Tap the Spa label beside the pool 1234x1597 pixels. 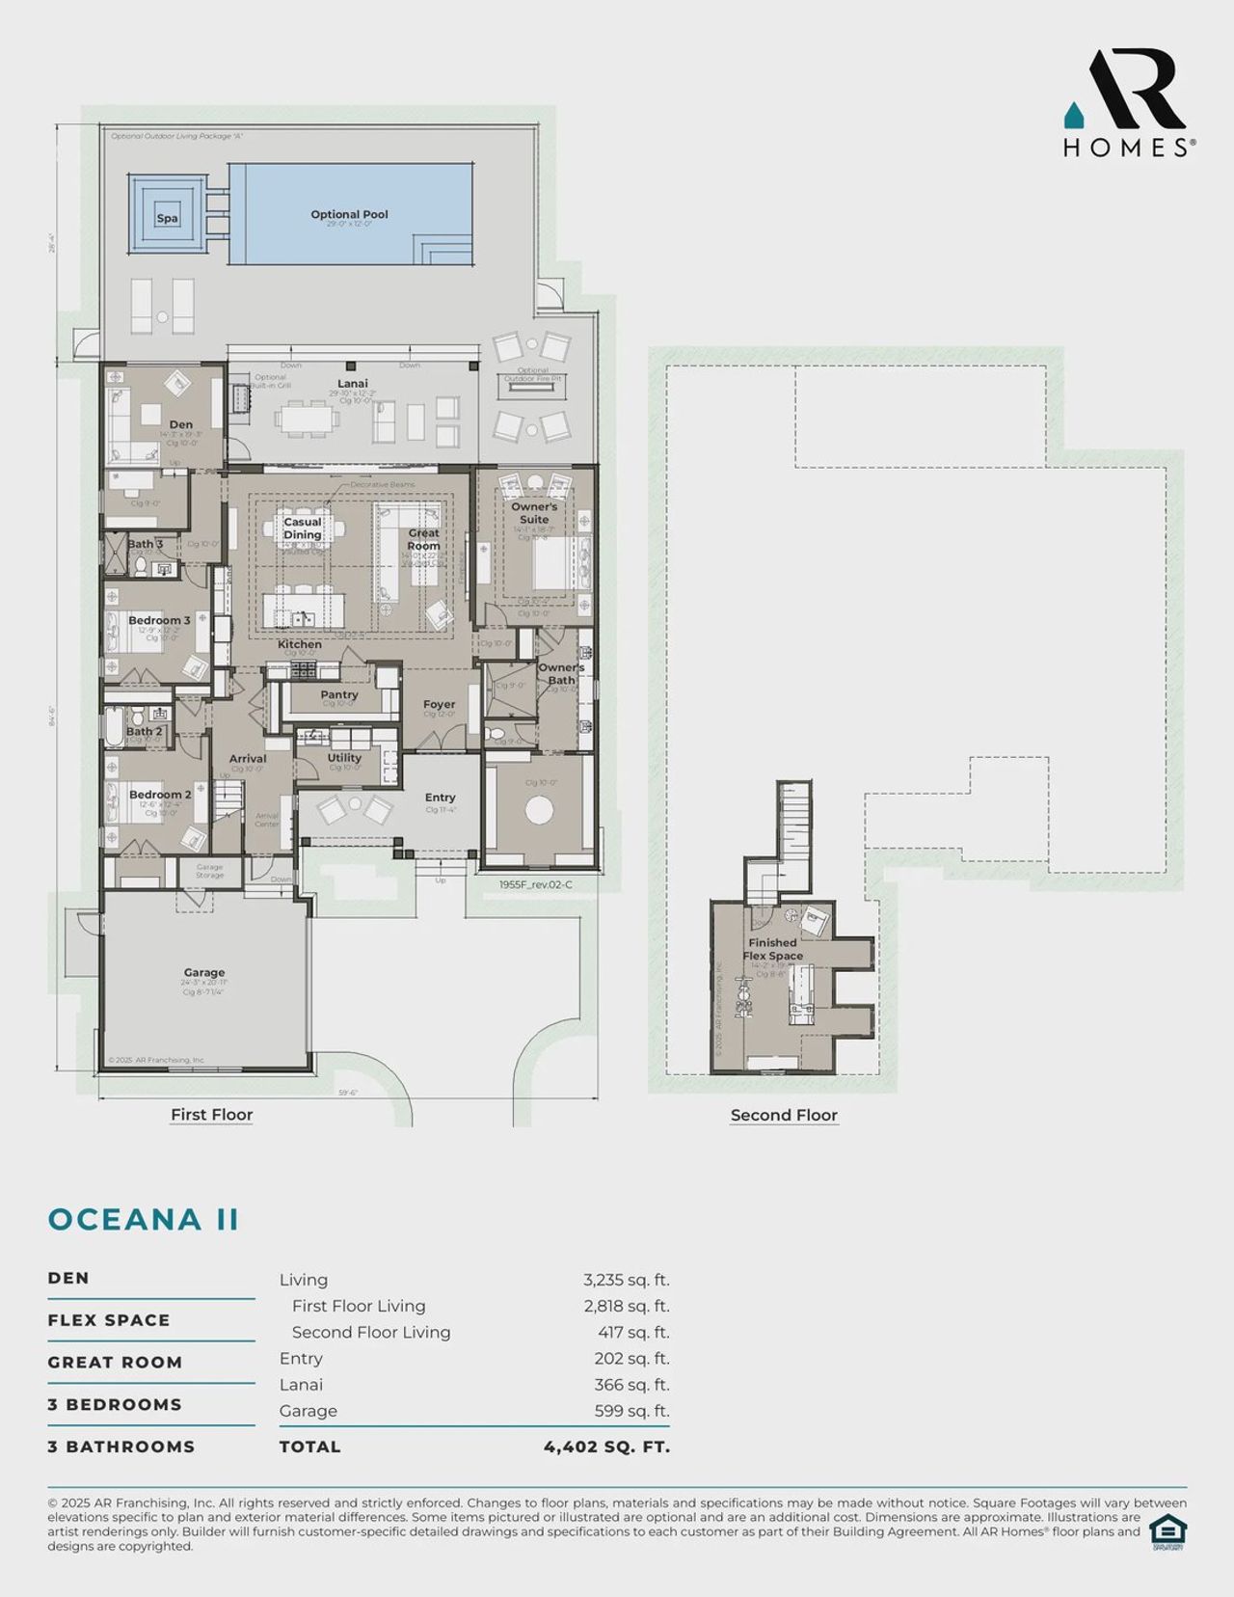tap(167, 219)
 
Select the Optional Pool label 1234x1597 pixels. tap(349, 215)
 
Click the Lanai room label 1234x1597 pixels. tap(352, 384)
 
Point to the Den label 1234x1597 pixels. tap(180, 424)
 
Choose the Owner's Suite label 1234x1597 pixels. tap(534, 513)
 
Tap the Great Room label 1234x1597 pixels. tap(423, 539)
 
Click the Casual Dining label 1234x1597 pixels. tap(303, 528)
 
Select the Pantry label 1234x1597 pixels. tap(338, 694)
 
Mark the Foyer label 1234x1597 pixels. tap(439, 705)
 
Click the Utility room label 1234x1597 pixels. tap(344, 758)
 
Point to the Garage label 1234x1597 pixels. tap(204, 973)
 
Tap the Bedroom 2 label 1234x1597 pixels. tap(159, 795)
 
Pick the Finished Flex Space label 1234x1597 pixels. tap(772, 949)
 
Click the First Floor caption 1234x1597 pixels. tap(211, 1115)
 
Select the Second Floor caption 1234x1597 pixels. tap(784, 1116)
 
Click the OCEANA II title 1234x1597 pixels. tap(144, 1219)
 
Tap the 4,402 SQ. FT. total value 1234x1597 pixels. tap(606, 1447)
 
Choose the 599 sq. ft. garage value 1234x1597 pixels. tap(631, 1411)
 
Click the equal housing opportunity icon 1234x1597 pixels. tap(1167, 1531)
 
